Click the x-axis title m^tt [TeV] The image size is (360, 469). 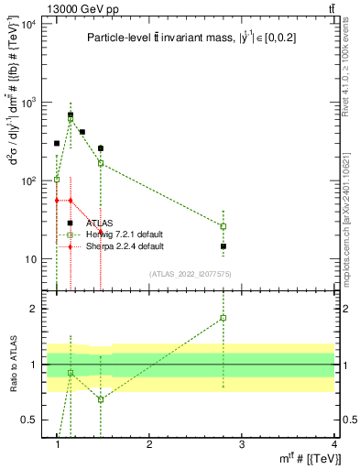[312, 458]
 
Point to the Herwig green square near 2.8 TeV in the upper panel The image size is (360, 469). [224, 226]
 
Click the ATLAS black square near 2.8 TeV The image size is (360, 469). [224, 246]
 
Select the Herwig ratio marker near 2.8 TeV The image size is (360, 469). [224, 318]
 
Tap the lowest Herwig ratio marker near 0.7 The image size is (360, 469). [101, 399]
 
